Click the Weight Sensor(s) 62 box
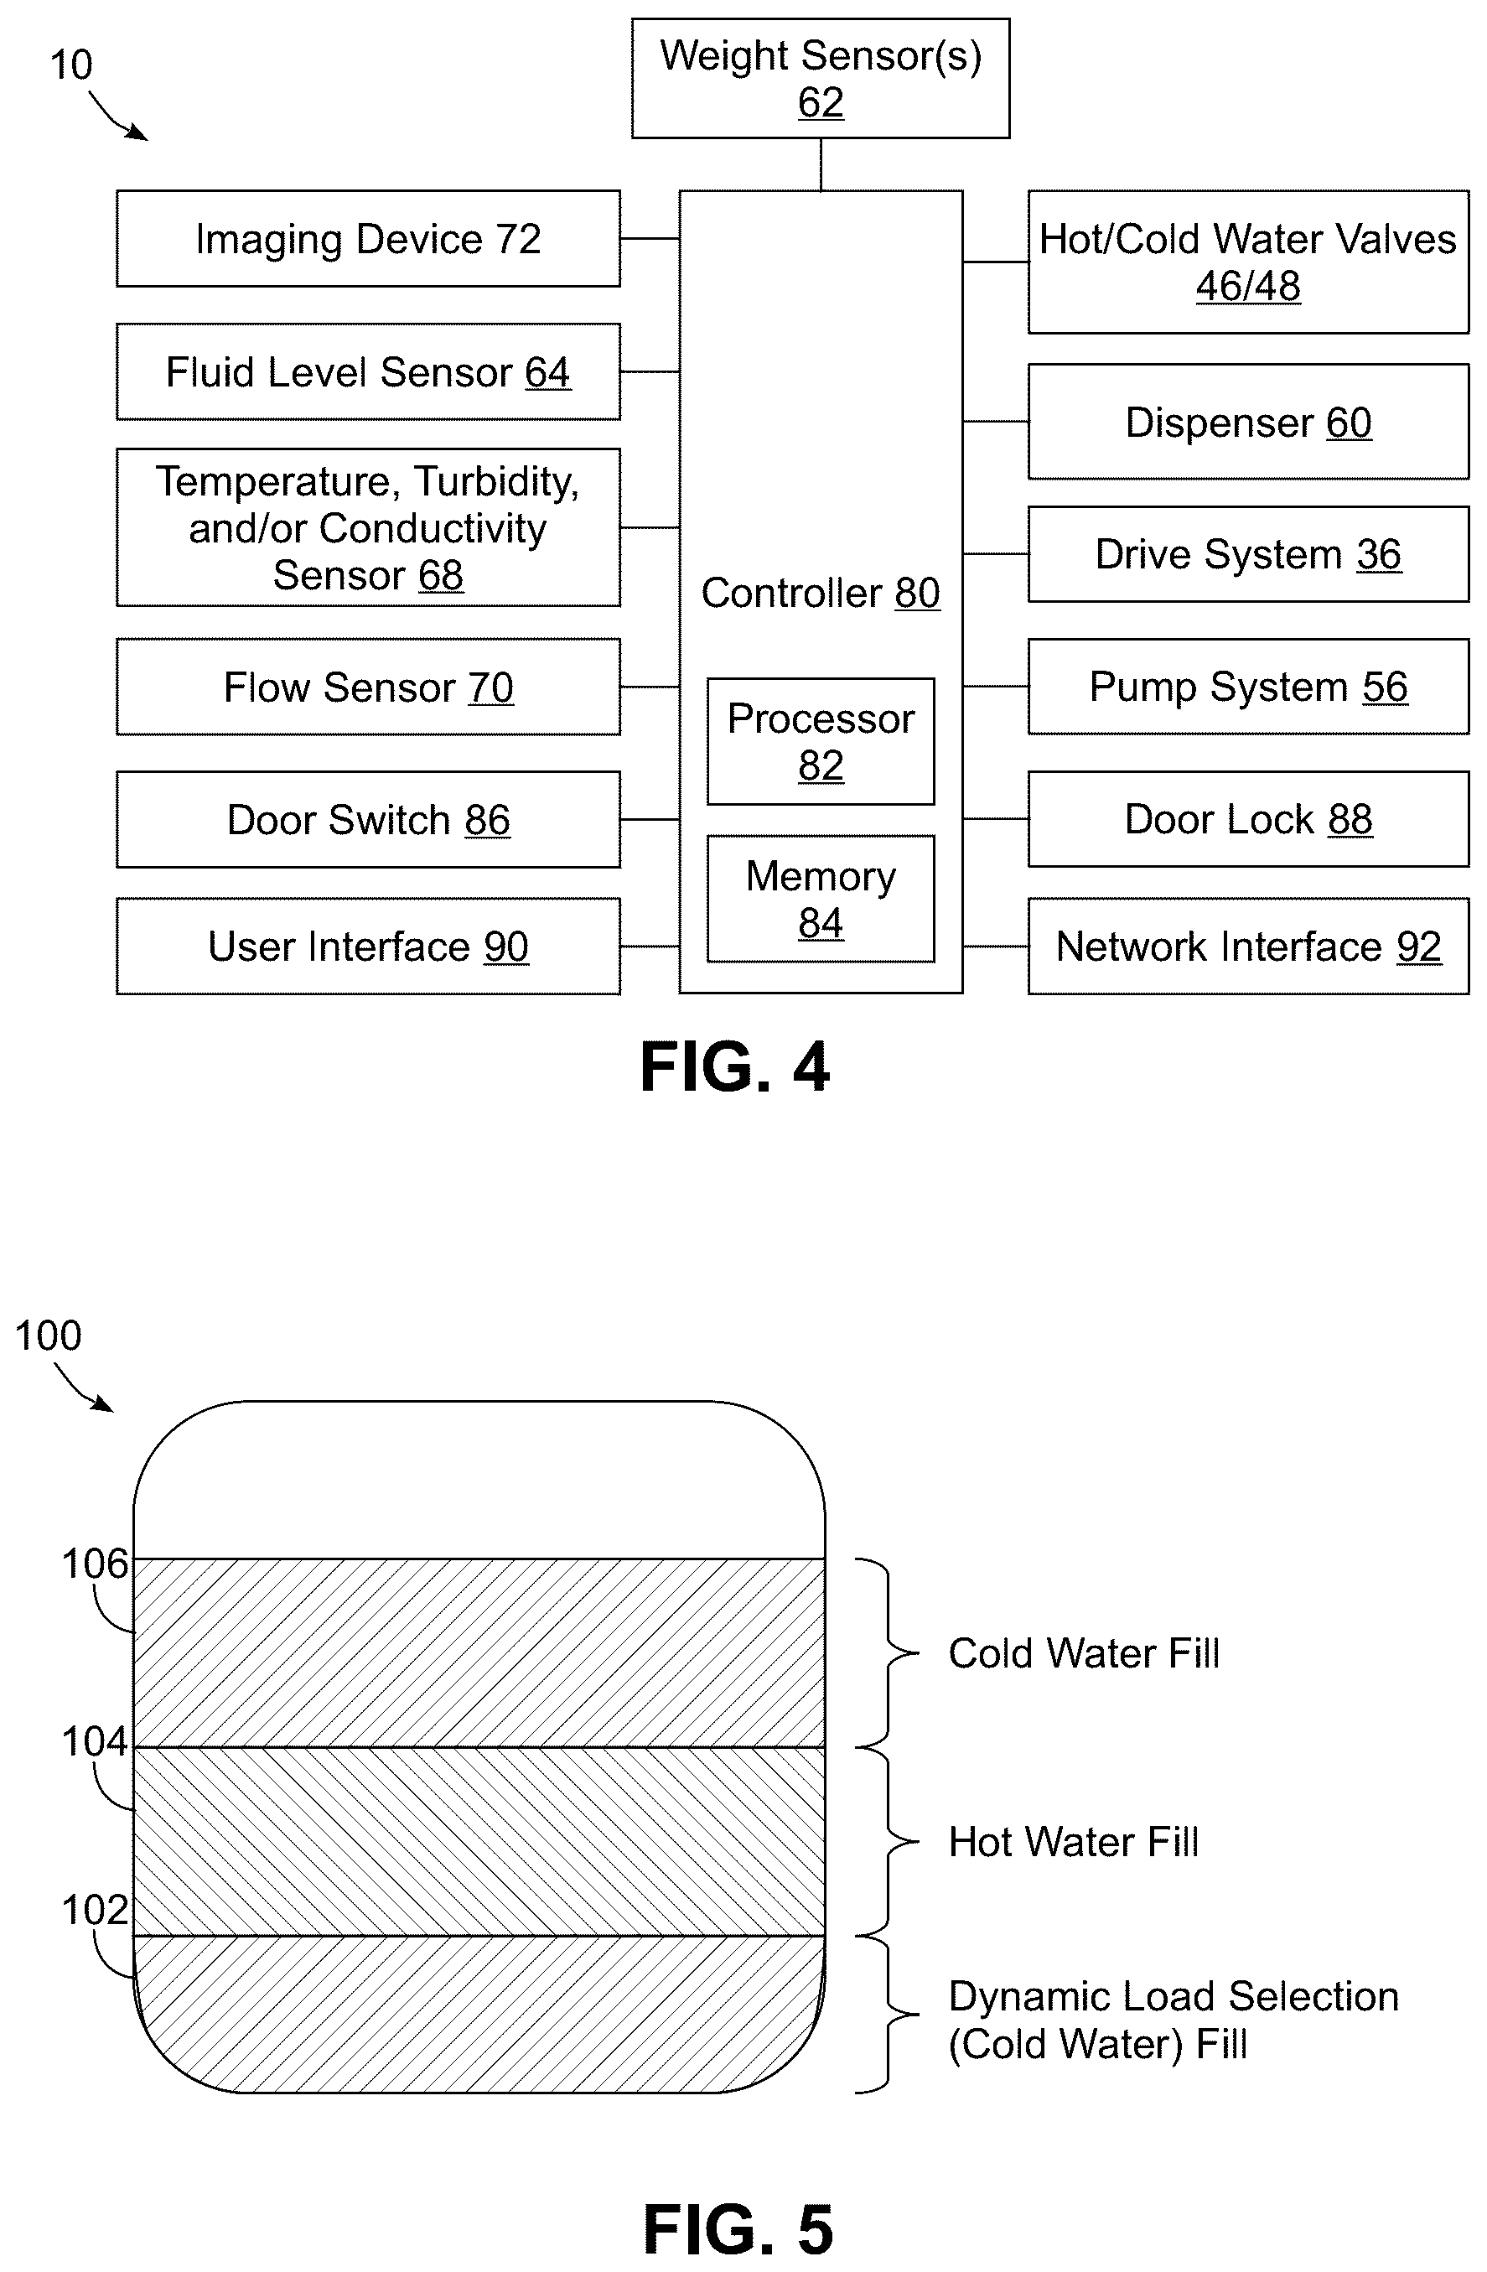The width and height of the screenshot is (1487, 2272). (820, 78)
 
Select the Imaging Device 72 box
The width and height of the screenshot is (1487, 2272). (369, 239)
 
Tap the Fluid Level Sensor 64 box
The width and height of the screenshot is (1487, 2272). (369, 371)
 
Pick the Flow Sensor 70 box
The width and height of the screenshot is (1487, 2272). (369, 687)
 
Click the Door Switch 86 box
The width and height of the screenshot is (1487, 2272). (369, 819)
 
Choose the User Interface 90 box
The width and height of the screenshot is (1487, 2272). (369, 946)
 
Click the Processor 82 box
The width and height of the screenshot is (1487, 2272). (821, 742)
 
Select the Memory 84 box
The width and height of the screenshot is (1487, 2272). (821, 898)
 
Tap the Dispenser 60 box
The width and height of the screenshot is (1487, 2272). (1248, 421)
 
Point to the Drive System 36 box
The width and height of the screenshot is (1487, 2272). (1248, 553)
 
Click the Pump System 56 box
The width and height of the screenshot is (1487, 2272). (1248, 687)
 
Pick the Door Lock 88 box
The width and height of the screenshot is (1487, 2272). (1248, 819)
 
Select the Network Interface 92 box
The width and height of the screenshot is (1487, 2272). (1248, 946)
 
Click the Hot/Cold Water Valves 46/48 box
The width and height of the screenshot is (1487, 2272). (1248, 262)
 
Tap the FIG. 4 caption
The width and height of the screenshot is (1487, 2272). (735, 1066)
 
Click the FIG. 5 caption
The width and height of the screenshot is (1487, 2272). (738, 2229)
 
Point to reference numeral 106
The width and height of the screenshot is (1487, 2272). (95, 1564)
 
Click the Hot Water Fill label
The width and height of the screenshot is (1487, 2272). (1074, 1841)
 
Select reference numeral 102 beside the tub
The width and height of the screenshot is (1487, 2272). (95, 1909)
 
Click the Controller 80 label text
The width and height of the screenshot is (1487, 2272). (821, 593)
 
